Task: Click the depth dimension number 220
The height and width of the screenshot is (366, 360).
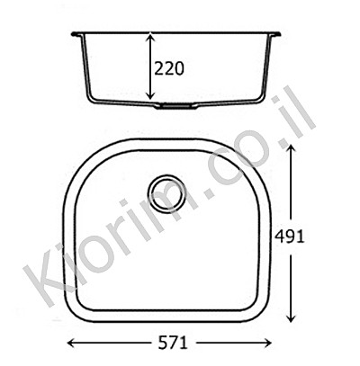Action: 168,68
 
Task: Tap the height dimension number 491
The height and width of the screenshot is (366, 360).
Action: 290,237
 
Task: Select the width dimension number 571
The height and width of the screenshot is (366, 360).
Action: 173,343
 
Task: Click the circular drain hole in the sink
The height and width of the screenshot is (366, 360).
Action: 166,194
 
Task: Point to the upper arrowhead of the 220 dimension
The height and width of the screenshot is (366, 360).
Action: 150,38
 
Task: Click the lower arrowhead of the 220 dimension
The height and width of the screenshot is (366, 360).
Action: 150,94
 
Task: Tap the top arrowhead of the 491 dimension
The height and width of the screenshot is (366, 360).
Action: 291,149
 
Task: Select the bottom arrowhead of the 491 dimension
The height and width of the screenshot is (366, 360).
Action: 291,317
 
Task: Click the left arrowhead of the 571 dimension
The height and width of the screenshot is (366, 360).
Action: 72,343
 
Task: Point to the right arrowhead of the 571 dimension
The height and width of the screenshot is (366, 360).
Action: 266,343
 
